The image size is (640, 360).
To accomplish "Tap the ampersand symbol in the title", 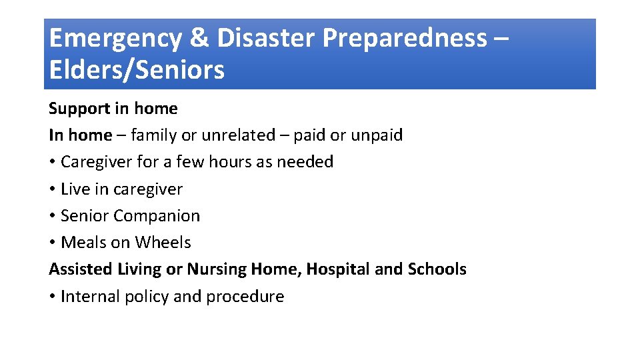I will tap(199, 39).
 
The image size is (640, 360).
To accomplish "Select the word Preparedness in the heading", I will tap(405, 39).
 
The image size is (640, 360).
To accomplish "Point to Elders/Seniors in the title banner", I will tap(137, 69).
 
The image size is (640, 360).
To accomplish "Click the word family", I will tap(153, 135).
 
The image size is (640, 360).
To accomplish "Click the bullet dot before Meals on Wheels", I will tap(52, 243).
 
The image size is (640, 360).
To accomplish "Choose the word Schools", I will tap(437, 269).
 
